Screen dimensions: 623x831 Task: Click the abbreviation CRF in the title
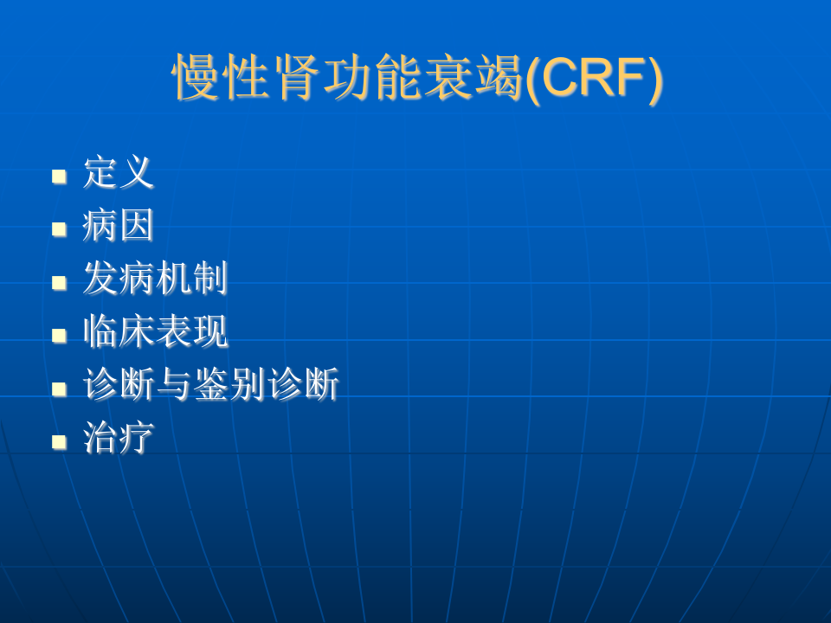point(596,79)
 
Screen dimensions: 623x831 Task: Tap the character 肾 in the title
point(297,79)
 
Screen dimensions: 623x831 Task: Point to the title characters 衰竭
point(473,79)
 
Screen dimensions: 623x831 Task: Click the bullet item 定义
point(119,173)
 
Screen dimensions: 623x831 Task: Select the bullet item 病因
point(119,227)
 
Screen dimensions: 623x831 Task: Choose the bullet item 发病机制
point(155,279)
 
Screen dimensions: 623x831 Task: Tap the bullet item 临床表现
point(155,333)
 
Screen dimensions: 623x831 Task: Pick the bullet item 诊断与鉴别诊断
point(210,386)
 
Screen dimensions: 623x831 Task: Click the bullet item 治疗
point(119,440)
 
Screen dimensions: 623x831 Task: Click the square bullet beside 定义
point(59,177)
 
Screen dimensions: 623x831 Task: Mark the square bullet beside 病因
point(59,229)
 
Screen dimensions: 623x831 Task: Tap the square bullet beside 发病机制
point(59,283)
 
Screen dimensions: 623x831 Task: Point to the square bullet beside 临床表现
point(59,336)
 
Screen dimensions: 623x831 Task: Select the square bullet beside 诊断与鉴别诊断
point(59,389)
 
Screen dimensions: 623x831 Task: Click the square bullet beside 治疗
point(59,442)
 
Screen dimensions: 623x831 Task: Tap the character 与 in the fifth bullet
point(174,386)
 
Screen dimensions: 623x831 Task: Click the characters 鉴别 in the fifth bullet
point(229,386)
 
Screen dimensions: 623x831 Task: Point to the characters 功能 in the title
point(372,79)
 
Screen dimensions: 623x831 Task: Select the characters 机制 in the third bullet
point(191,279)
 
